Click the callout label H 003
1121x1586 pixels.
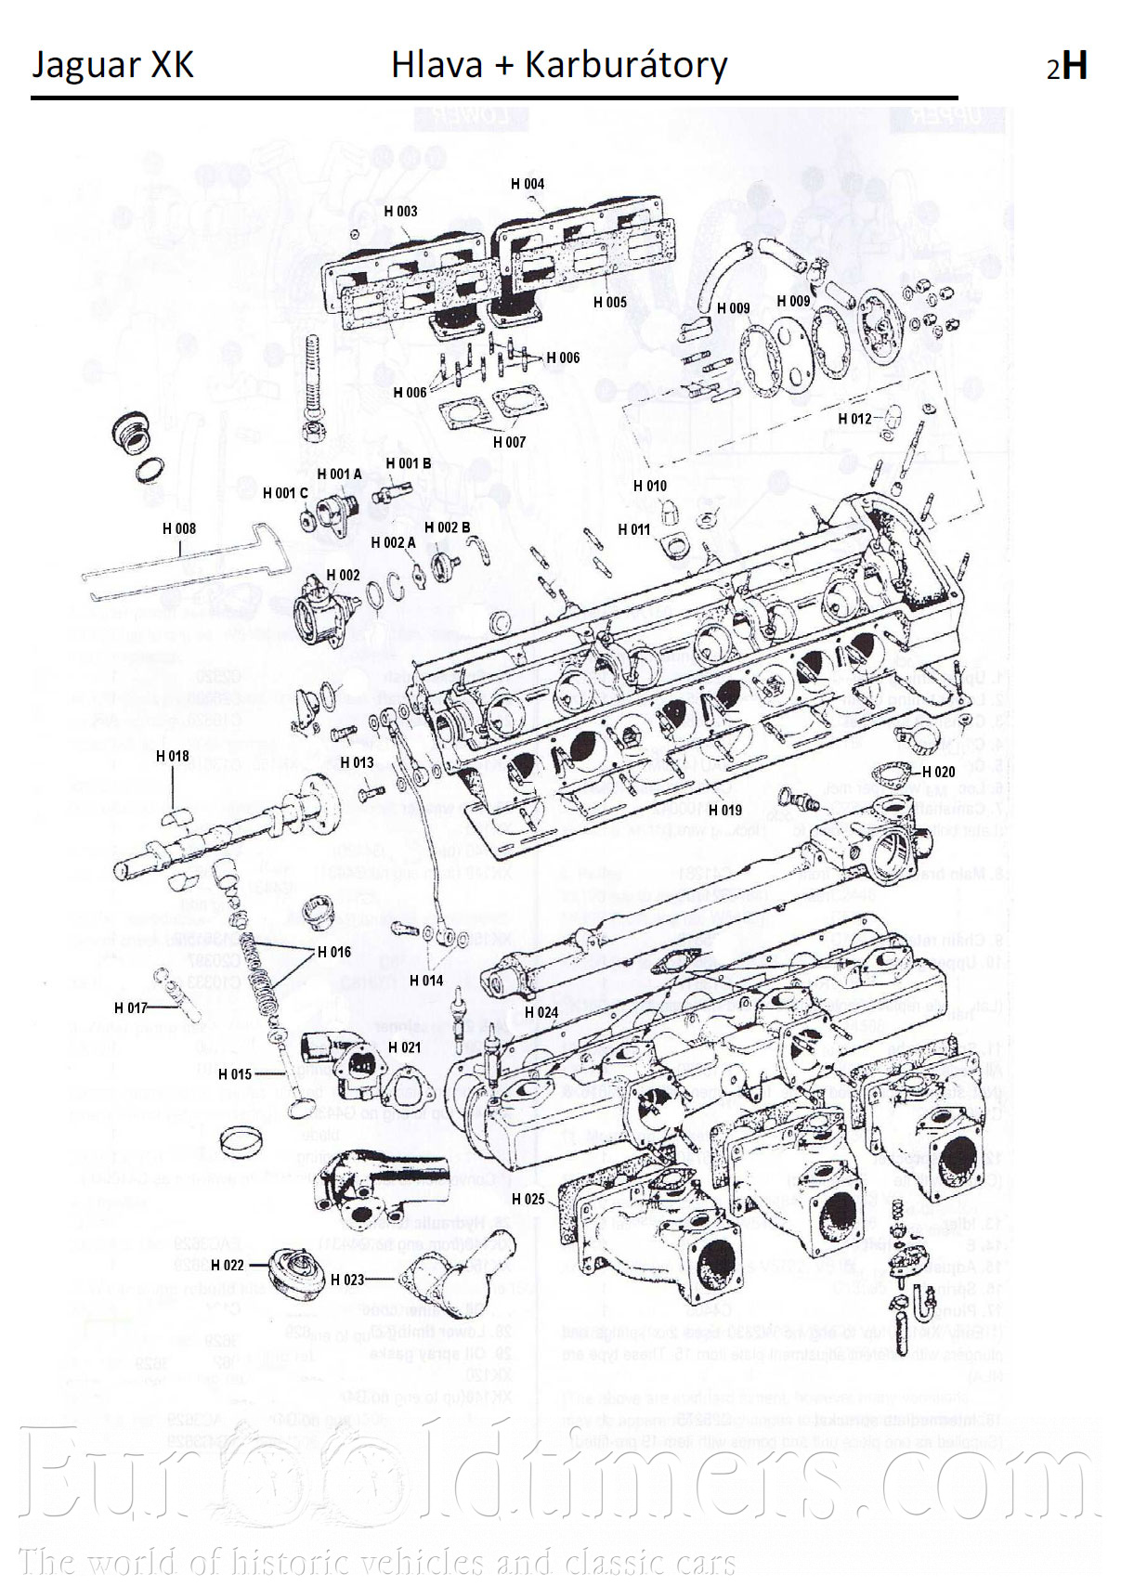tap(400, 212)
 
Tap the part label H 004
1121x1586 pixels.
tap(528, 184)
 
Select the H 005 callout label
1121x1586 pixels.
tap(610, 302)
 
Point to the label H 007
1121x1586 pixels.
tap(509, 442)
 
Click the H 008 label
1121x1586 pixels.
tap(179, 528)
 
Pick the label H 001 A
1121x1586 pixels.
tap(339, 474)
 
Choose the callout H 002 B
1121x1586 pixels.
tap(447, 527)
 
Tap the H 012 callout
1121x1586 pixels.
tap(854, 419)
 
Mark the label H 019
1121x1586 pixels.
tap(725, 810)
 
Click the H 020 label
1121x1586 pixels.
tap(938, 772)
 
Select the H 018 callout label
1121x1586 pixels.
tap(173, 756)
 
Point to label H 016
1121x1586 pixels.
tap(334, 952)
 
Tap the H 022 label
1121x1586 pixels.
tap(228, 1265)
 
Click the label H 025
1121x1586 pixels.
tap(528, 1199)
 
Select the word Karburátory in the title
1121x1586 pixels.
tap(625, 65)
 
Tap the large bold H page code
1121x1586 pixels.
tap(1075, 66)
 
